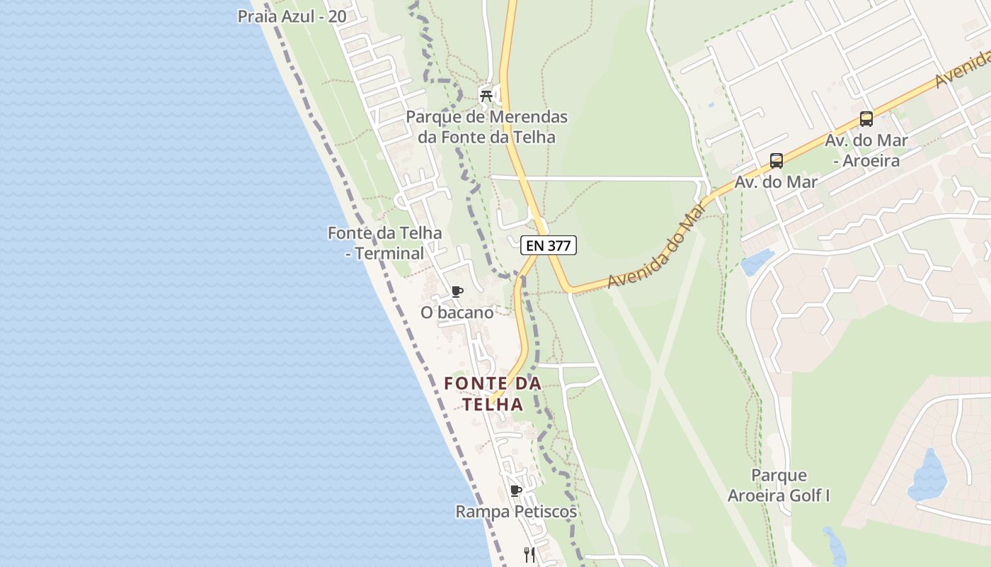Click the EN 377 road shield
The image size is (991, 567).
[x=549, y=246]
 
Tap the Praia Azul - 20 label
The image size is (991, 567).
[x=292, y=16]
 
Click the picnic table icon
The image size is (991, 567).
[x=486, y=94]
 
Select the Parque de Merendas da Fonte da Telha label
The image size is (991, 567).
[x=487, y=127]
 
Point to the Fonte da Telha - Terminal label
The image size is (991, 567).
[x=384, y=242]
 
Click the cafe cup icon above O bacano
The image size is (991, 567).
[x=457, y=291]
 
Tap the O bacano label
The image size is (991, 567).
[x=457, y=312]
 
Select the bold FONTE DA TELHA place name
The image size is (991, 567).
[x=493, y=393]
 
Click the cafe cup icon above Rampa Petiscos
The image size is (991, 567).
[x=516, y=490]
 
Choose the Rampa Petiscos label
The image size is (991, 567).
[x=516, y=512]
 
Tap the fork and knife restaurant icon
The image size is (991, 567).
[x=529, y=554]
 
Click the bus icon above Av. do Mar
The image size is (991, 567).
[x=777, y=161]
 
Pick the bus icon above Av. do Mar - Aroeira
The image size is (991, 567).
[x=866, y=119]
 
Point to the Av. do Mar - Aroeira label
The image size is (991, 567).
[x=866, y=150]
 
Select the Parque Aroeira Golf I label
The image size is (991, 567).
[x=779, y=485]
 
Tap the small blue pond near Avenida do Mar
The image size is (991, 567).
[x=756, y=262]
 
